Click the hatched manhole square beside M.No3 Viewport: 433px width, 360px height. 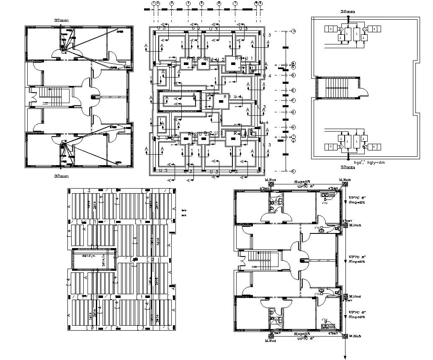pos(346,225)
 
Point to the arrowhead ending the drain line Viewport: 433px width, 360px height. pos(345,357)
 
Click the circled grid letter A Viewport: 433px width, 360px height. pos(294,31)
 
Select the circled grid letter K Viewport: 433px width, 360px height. pos(294,171)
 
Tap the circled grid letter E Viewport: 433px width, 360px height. pos(294,91)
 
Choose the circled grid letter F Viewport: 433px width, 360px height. pos(294,101)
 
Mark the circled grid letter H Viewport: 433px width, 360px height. pos(294,127)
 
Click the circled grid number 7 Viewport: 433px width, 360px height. pos(235,3)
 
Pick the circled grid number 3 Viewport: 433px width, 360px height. pos(172,3)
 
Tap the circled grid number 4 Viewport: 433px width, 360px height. pos(188,3)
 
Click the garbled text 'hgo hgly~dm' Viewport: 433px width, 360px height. pos(369,162)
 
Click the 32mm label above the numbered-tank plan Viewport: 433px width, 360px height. pos(348,12)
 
